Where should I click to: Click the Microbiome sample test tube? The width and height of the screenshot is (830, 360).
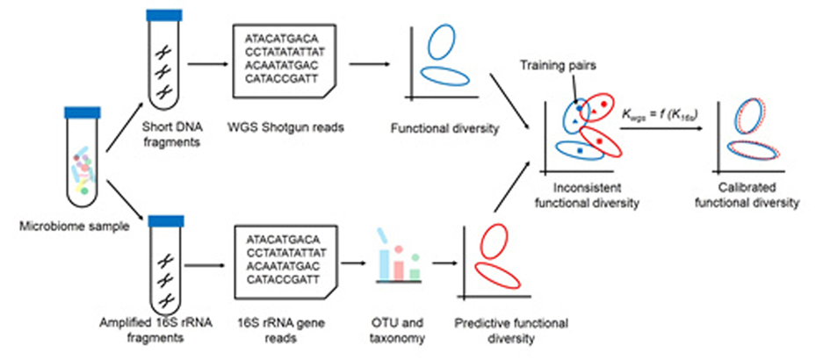81,154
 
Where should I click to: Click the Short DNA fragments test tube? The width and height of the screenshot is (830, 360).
162,61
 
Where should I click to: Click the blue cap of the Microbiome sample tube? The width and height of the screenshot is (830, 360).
81,112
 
